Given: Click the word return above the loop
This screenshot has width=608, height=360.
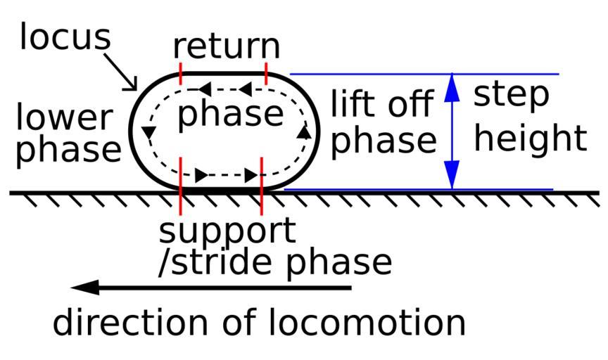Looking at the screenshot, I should pos(227,46).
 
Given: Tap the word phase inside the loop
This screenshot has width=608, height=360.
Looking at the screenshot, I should pos(230,115).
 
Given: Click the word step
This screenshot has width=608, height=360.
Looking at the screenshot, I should pos(510,96).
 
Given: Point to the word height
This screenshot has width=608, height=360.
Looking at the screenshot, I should pos(529,139).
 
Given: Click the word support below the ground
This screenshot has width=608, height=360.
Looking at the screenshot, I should pos(227,230).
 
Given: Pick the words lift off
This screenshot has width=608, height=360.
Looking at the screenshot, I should pos(381,105).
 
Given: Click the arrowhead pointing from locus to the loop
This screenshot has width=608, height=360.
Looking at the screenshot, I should pos(132,85).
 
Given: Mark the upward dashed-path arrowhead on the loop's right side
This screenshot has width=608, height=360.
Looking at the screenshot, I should pos(304,131).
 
